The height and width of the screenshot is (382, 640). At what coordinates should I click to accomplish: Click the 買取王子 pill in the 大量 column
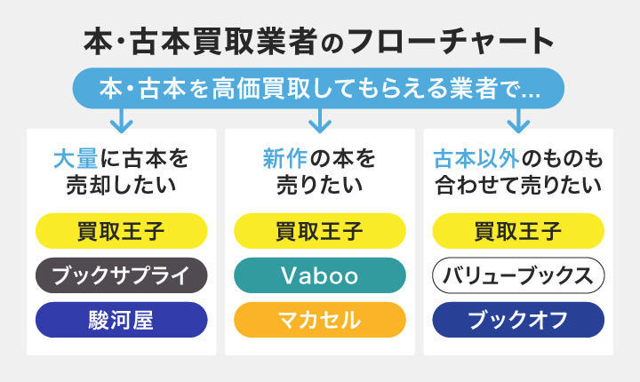pos(121,232)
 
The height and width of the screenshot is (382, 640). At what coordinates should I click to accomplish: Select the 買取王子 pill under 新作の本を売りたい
pos(319,232)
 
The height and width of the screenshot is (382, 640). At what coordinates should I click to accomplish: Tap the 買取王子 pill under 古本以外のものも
pos(517,232)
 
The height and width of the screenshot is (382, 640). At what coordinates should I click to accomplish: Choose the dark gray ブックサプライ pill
pos(121,275)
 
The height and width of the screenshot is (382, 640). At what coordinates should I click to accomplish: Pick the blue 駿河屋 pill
pos(121,319)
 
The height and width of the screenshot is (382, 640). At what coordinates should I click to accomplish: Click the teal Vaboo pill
pos(319,275)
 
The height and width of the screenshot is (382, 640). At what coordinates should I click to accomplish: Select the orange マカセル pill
pos(319,319)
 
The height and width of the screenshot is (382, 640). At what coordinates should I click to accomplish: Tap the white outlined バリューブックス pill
pos(517,275)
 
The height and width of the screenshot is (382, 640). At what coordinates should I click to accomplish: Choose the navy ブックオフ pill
pos(517,319)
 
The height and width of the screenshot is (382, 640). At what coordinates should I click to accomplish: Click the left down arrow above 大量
pos(121,118)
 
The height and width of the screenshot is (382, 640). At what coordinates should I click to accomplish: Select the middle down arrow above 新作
pos(319,118)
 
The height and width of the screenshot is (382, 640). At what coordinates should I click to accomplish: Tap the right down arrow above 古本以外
pos(517,118)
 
